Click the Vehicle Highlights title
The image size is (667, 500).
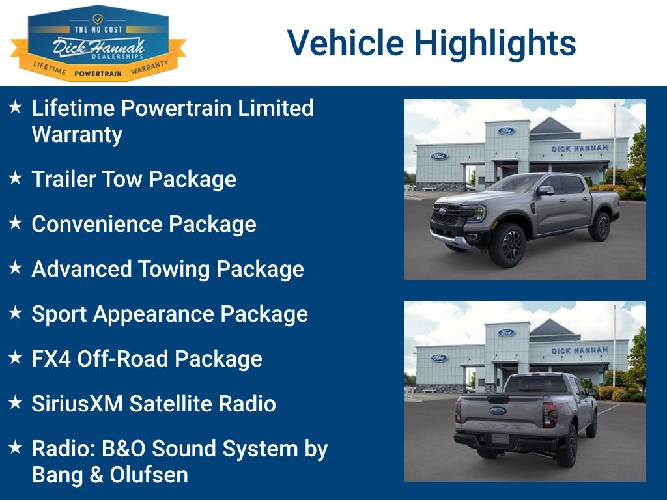pos(431,43)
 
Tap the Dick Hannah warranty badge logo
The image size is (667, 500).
pos(98,44)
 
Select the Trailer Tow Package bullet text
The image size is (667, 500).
pos(134,179)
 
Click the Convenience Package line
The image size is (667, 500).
pos(143,224)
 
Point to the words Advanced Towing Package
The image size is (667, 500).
pos(167,269)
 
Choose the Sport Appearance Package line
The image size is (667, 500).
pos(169,314)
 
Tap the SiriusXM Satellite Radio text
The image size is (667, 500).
pos(154,404)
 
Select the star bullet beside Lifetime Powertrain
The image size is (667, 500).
pos(15,107)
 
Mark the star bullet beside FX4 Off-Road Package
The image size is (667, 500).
pos(15,357)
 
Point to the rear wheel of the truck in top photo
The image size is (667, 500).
pos(599,225)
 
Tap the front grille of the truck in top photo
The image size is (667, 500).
pos(447,216)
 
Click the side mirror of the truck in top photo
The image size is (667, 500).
pos(545,191)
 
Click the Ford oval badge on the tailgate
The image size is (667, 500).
pos(498,411)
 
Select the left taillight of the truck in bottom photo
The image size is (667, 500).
pos(459,410)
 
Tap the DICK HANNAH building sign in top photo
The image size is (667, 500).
pos(579,148)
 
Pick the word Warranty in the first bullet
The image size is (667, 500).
pos(77,134)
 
